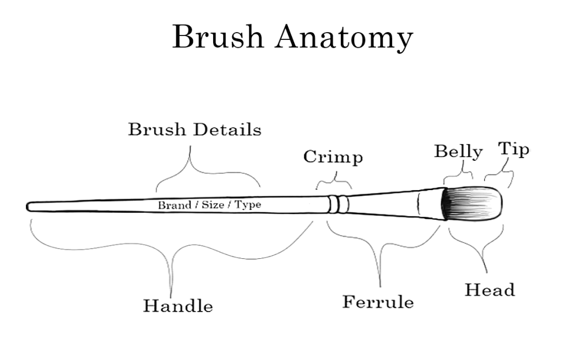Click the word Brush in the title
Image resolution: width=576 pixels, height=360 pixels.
[x=217, y=37]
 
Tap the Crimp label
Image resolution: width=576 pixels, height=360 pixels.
[x=333, y=157]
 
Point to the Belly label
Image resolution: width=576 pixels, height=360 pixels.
[x=458, y=152]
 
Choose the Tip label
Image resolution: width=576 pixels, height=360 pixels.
[x=514, y=150]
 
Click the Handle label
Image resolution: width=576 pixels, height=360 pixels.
[x=178, y=306]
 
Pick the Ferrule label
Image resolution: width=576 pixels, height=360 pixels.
[x=378, y=302]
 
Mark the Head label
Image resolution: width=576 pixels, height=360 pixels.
[x=489, y=290]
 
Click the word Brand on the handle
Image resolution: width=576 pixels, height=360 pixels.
[x=174, y=205]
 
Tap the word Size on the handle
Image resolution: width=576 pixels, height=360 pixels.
[x=213, y=205]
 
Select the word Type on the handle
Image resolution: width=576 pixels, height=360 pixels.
[x=247, y=205]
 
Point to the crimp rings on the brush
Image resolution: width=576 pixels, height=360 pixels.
[x=337, y=204]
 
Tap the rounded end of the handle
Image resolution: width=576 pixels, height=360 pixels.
[x=30, y=206]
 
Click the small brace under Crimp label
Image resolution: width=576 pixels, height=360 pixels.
[x=334, y=181]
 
